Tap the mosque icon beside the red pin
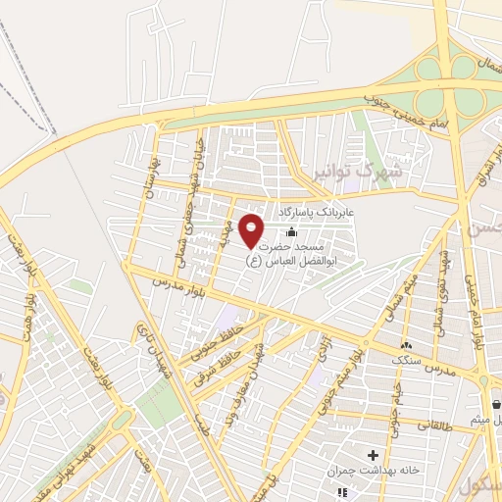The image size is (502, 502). (x=290, y=232)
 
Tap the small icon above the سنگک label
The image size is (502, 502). (x=406, y=344)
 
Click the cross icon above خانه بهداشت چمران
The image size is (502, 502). (x=372, y=455)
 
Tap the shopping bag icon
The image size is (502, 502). (x=496, y=404)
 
